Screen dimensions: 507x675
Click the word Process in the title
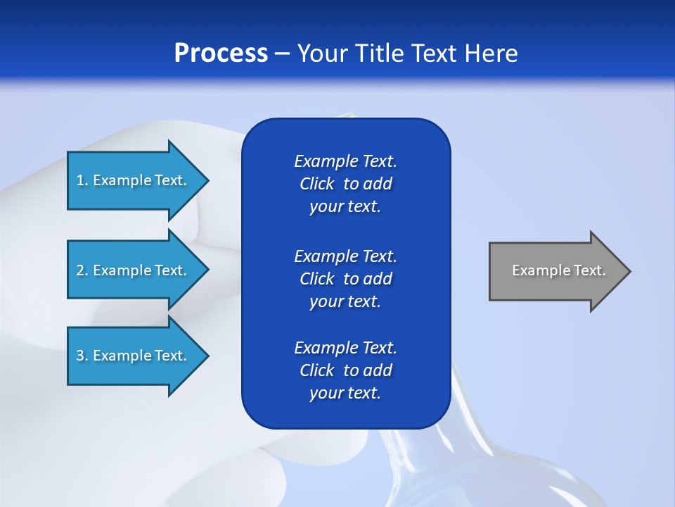(221, 54)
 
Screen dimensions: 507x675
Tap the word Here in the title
(491, 54)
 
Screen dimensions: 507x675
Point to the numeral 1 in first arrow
(80, 180)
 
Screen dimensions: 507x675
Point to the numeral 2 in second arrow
(80, 270)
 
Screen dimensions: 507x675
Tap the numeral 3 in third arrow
(80, 356)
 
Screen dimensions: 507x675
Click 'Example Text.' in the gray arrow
(558, 270)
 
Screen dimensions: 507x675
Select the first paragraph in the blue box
(345, 184)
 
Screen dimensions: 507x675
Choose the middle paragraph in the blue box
(345, 278)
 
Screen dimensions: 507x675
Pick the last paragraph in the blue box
(345, 370)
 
